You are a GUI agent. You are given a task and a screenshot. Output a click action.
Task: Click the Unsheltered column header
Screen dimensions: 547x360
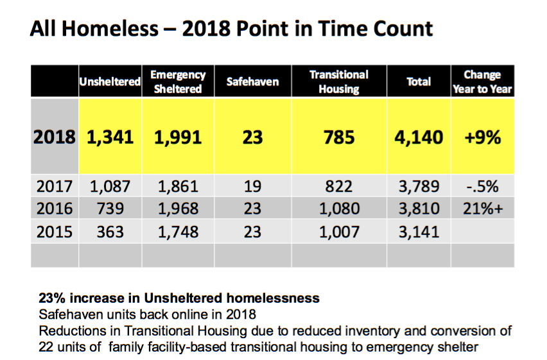click(x=110, y=81)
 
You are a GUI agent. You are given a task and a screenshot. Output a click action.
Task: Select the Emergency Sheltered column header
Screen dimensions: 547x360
click(x=178, y=81)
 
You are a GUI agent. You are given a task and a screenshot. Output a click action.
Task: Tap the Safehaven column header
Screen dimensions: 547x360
click(x=252, y=81)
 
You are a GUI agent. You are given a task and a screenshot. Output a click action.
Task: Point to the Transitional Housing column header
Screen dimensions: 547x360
click(x=339, y=81)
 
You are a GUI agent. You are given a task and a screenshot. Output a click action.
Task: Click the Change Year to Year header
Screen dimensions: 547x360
click(x=482, y=81)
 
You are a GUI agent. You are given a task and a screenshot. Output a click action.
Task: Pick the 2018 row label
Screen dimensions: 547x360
click(x=55, y=137)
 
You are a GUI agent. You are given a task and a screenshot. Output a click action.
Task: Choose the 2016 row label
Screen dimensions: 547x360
click(x=55, y=209)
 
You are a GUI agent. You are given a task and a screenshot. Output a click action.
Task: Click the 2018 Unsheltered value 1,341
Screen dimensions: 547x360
click(x=110, y=137)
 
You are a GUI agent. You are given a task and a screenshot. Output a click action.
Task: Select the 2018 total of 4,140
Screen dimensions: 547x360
click(x=419, y=137)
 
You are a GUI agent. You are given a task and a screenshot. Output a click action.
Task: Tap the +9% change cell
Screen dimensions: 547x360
click(x=482, y=137)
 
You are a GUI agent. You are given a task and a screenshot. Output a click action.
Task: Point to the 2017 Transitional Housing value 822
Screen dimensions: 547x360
click(x=339, y=186)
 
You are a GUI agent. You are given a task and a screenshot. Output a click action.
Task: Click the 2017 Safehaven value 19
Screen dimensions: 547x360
click(x=252, y=186)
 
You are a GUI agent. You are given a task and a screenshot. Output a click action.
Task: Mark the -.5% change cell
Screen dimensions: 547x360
click(x=482, y=186)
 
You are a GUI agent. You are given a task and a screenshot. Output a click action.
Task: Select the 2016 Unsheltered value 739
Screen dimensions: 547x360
click(x=110, y=209)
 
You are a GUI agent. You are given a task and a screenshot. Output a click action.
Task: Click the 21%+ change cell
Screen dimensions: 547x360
click(x=483, y=209)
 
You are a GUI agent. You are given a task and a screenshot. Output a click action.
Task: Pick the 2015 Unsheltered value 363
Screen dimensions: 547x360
click(x=110, y=232)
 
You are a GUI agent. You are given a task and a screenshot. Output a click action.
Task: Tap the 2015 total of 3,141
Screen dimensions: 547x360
click(x=419, y=232)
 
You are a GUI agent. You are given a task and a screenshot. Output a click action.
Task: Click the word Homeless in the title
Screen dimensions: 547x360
click(x=110, y=29)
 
